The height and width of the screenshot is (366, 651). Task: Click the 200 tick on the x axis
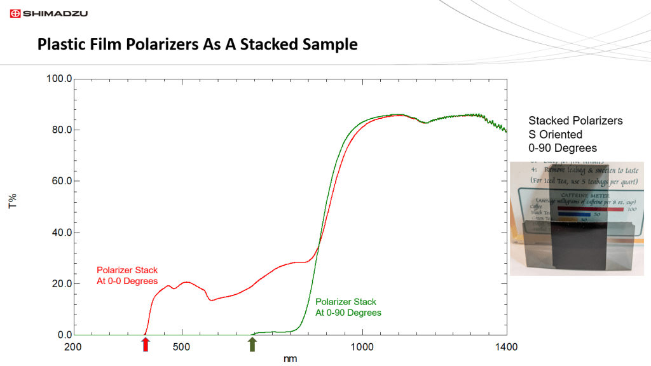pyautogui.click(x=74, y=347)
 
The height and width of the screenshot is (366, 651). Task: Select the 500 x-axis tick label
pyautogui.click(x=182, y=347)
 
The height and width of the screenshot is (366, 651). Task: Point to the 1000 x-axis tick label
pyautogui.click(x=362, y=347)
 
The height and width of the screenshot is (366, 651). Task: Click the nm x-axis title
pyautogui.click(x=290, y=359)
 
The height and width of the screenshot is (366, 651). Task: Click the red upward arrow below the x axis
pyautogui.click(x=146, y=344)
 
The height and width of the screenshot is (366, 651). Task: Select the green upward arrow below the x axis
pyautogui.click(x=252, y=344)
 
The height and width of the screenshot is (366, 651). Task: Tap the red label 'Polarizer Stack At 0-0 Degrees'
pyautogui.click(x=127, y=276)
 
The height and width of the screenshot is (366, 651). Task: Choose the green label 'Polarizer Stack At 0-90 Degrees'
pyautogui.click(x=348, y=307)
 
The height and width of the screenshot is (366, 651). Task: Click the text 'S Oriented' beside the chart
pyautogui.click(x=555, y=134)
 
